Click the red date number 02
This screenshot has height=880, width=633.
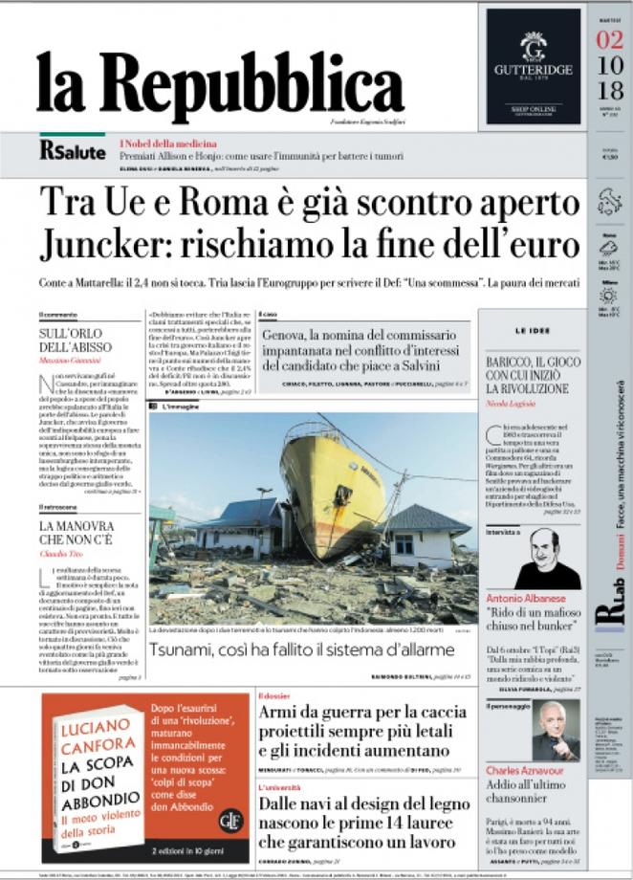(608, 40)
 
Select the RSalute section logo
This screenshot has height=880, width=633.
(72, 149)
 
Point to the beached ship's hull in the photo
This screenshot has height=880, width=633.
(330, 478)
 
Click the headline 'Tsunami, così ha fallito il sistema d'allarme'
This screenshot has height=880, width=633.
(301, 649)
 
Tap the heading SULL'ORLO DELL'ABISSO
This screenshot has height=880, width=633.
(76, 339)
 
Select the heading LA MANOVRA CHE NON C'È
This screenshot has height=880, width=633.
(77, 532)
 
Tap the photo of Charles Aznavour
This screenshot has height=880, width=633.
(555, 731)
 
